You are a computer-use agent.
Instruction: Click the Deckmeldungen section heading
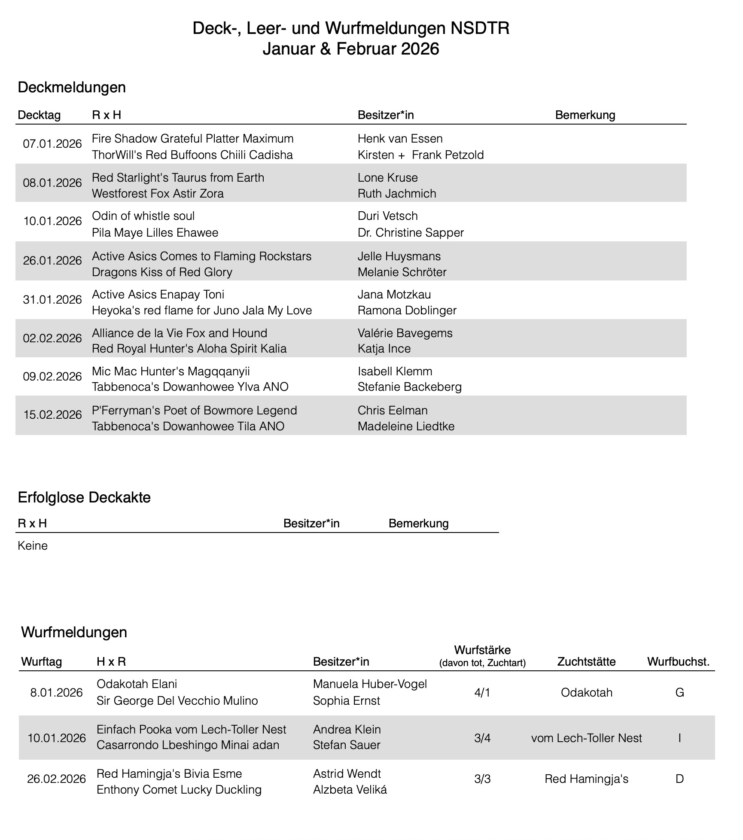pos(72,87)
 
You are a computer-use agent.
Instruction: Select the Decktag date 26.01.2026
pos(52,261)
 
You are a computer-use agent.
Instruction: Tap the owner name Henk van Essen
pos(400,139)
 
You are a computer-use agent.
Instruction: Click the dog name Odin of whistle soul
pos(143,216)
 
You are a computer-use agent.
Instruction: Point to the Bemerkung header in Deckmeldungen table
pos(585,115)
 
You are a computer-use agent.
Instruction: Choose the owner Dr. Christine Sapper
pos(411,233)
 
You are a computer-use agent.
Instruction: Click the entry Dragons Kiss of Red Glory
pos(162,272)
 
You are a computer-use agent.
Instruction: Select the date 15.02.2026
pos(52,415)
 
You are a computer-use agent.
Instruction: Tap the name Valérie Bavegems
pos(405,333)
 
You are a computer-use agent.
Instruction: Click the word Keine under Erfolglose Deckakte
pos(33,546)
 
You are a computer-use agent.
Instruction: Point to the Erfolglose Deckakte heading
pos(84,497)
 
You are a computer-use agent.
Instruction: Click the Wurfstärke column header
pos(482,649)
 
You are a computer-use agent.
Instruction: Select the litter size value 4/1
pos(482,693)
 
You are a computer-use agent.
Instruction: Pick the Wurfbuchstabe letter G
pos(679,693)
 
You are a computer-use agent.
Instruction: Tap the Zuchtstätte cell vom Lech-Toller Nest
pos(586,738)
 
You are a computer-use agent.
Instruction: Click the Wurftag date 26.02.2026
pos(56,779)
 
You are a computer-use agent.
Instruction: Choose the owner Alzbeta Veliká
pos(350,790)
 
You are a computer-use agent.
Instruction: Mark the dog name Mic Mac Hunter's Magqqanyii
pos(171,371)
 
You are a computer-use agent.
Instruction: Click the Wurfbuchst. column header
pos(678,662)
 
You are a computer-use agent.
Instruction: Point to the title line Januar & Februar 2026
pos(350,49)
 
